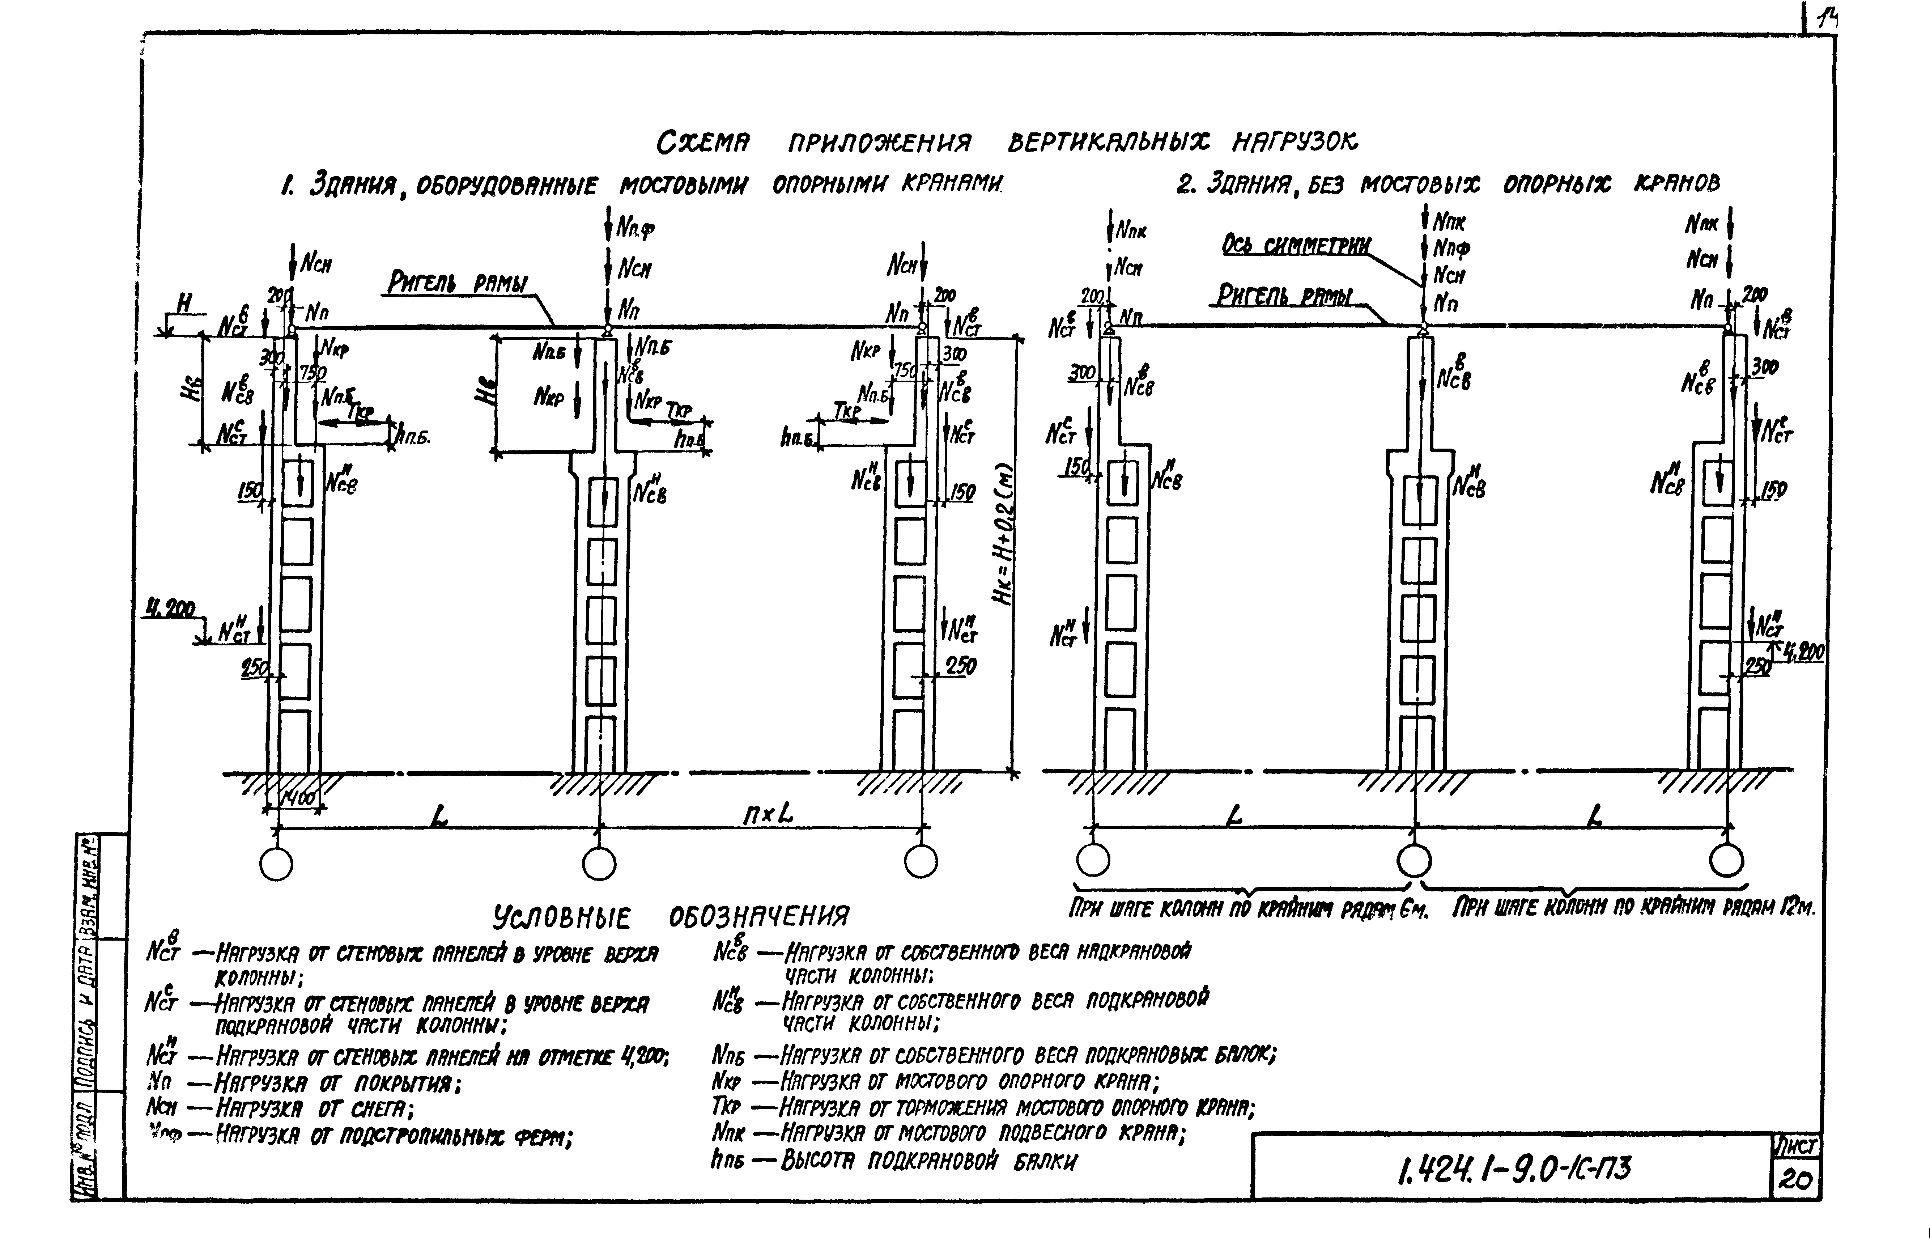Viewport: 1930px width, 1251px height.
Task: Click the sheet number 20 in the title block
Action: click(x=1795, y=1179)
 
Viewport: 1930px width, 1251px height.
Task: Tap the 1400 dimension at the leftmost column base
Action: click(x=298, y=799)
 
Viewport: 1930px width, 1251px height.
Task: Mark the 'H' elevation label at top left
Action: click(x=185, y=304)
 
